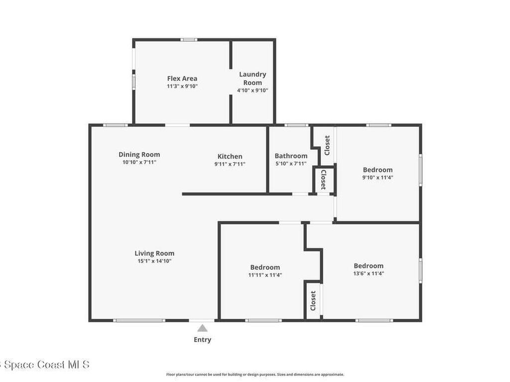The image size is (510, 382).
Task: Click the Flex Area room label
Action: point(182,78)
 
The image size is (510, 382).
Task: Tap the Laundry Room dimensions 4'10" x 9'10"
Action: point(253,91)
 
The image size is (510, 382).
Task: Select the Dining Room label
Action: point(139,155)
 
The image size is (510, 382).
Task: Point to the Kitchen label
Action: point(230,157)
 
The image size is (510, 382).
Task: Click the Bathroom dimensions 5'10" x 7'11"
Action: point(291,163)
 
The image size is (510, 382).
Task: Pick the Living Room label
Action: point(154,253)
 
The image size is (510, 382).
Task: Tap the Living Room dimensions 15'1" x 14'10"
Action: point(154,261)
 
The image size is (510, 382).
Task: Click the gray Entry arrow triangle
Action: point(202,328)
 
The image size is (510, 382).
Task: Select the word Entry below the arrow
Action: point(202,340)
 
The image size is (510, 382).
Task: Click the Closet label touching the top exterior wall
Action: point(327,145)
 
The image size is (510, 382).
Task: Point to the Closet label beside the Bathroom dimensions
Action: point(323,180)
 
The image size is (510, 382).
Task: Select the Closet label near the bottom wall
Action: point(313,301)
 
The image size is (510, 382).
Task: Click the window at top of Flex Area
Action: point(189,40)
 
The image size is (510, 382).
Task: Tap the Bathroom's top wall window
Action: point(296,125)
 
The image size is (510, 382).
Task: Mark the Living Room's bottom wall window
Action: point(139,321)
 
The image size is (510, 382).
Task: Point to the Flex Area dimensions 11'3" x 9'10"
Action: point(182,86)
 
